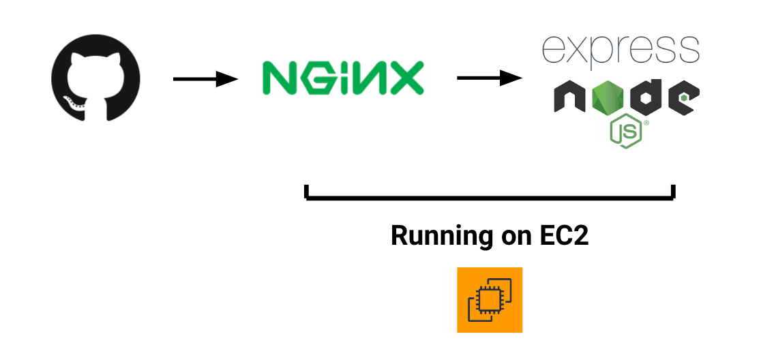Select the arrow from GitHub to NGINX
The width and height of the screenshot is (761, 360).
pos(205,80)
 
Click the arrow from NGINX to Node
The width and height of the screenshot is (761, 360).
pos(488,78)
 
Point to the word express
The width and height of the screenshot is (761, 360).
pos(621,50)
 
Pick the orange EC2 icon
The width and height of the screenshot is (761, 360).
pos(490,300)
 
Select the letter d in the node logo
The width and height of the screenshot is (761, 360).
pos(646,97)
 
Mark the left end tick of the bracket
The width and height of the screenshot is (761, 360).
pos(308,192)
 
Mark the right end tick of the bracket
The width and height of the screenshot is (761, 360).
pos(673,192)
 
